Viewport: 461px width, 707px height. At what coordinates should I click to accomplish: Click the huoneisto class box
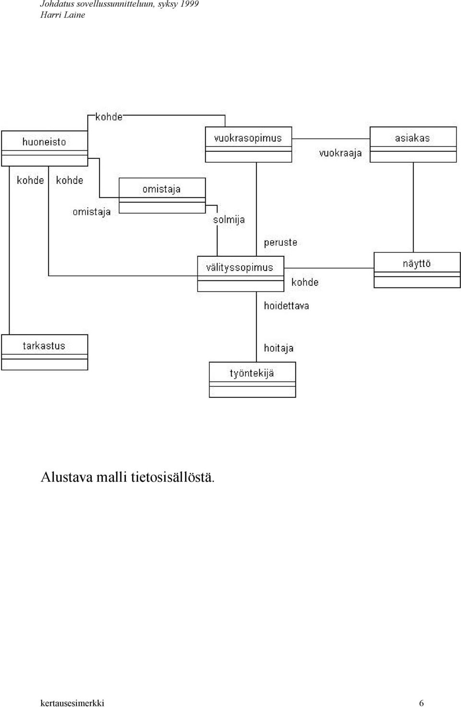45,148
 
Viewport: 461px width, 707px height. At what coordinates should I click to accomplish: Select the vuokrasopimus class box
248,144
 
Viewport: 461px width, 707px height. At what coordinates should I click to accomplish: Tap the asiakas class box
413,144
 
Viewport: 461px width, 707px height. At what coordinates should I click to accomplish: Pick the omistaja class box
162,195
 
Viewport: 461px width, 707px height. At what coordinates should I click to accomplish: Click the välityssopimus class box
241,274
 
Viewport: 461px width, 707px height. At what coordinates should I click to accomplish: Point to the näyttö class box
417,270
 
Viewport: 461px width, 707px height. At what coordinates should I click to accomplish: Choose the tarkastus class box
45,352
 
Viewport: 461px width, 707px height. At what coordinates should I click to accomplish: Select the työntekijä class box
252,380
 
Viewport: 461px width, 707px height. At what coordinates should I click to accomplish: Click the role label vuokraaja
340,154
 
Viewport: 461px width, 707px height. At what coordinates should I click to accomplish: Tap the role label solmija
229,220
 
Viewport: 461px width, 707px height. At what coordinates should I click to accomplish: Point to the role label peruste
281,243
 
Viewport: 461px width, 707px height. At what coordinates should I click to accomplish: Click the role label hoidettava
286,306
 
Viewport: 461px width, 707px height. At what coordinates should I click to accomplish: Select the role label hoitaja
279,348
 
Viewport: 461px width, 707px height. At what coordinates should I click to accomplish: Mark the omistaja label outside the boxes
92,212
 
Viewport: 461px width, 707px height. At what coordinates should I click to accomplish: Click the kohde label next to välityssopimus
305,282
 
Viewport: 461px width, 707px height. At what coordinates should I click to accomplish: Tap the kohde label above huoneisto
109,117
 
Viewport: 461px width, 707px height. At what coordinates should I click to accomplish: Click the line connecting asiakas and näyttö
413,207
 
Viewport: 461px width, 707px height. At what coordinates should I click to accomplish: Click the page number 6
421,703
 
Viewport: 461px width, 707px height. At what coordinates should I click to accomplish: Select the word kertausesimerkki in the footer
73,703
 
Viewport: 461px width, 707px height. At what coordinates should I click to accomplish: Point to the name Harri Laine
62,15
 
